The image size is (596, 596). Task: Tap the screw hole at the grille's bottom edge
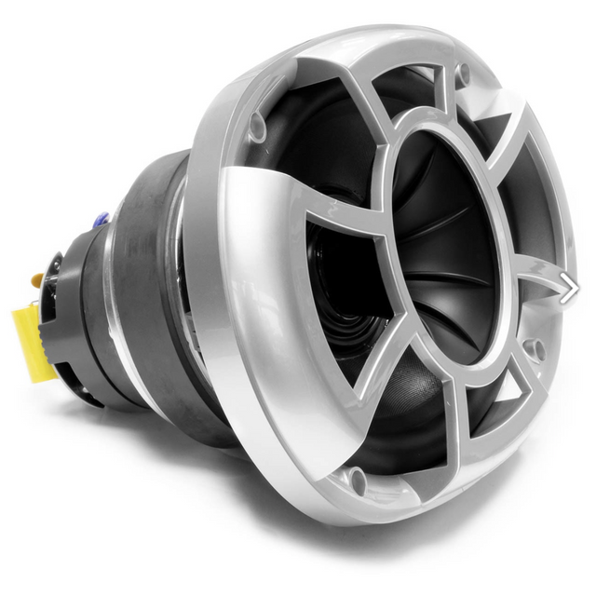pyautogui.click(x=357, y=481)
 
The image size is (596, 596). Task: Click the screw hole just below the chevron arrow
pyautogui.click(x=535, y=350)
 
